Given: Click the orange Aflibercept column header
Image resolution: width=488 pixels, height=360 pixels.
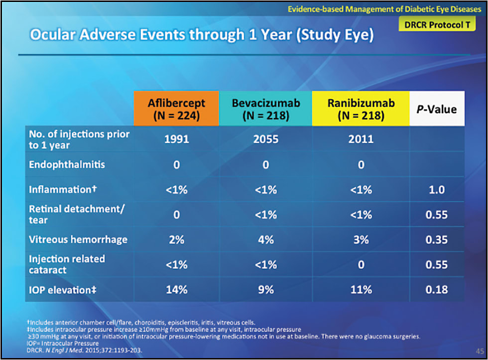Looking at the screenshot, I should tap(176, 108).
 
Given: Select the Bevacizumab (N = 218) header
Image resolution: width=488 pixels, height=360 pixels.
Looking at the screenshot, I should tap(265, 108).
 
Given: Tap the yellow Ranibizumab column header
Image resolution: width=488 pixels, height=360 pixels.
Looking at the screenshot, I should tap(361, 108).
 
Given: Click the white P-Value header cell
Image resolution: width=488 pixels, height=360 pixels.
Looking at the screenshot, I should tap(437, 108).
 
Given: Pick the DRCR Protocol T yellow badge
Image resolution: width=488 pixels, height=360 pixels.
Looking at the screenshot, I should tap(433, 25).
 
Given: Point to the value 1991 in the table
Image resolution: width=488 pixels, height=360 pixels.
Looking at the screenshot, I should tap(176, 139).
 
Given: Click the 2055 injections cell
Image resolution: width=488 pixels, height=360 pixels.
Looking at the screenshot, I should tap(265, 139).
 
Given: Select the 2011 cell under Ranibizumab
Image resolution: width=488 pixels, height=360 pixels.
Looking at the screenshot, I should tap(361, 139).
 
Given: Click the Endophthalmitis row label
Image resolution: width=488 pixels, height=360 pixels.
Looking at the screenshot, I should tap(67, 164).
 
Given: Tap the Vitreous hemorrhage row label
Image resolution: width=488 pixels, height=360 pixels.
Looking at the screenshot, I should tap(78, 240).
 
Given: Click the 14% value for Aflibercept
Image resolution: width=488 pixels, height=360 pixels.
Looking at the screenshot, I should tap(176, 289).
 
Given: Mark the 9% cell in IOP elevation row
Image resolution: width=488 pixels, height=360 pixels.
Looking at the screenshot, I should tap(265, 289).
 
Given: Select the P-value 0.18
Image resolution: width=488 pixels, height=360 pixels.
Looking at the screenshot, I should tap(437, 289).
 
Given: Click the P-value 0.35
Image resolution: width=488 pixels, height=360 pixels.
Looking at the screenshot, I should tap(437, 240).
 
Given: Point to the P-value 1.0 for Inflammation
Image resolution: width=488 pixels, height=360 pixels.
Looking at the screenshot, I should tap(437, 190).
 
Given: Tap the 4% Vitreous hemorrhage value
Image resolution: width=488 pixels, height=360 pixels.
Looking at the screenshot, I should tap(265, 240).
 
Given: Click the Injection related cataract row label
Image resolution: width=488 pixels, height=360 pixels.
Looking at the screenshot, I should tap(67, 264).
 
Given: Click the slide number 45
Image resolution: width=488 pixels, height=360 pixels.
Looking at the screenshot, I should tap(480, 350).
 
